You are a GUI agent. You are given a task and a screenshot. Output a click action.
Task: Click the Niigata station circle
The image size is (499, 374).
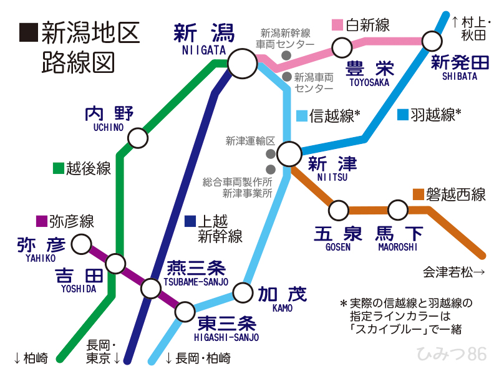(x=242, y=63)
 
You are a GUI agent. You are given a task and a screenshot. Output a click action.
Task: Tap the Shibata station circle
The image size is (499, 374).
(x=432, y=41)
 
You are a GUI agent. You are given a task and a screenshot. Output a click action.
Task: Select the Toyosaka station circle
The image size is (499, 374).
(x=342, y=47)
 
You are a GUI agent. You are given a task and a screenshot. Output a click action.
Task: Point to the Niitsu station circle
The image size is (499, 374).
(x=290, y=154)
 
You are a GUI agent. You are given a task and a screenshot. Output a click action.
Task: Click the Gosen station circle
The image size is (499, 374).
(x=339, y=210)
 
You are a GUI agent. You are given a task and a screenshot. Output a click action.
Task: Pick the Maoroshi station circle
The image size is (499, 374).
(x=398, y=210)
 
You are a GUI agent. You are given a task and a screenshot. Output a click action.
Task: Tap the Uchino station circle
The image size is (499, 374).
(x=137, y=138)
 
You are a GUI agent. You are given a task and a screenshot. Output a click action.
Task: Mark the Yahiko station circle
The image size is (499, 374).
(x=81, y=244)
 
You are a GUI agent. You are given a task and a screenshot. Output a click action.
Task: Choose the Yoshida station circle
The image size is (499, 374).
(x=115, y=264)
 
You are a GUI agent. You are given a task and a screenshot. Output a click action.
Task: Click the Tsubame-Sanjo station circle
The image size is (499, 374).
(x=150, y=288)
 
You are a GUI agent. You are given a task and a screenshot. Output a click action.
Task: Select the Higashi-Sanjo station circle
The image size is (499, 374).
(x=185, y=311)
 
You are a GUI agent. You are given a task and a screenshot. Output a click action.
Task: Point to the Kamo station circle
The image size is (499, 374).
(x=243, y=292)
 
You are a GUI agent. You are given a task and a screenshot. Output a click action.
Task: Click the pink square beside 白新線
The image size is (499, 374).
(x=337, y=25)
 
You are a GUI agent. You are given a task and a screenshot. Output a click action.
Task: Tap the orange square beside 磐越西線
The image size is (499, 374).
(x=419, y=194)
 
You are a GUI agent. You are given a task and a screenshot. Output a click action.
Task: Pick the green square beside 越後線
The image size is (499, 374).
(x=58, y=168)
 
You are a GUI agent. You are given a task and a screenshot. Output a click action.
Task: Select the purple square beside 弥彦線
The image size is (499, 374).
(x=42, y=221)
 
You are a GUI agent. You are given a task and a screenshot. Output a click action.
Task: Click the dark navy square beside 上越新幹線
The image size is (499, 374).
(x=191, y=221)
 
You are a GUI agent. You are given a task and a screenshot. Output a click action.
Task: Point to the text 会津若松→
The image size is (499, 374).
(x=454, y=272)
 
